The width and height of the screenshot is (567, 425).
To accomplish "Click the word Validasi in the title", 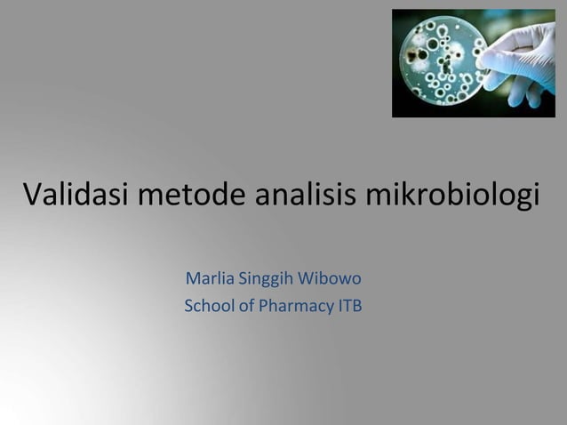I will [77, 193].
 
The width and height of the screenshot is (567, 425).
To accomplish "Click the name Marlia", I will [207, 280].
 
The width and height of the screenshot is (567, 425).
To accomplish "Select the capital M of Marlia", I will [191, 280].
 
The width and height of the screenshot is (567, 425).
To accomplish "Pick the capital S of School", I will [188, 308].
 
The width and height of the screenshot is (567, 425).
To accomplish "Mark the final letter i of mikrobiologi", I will [535, 193].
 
